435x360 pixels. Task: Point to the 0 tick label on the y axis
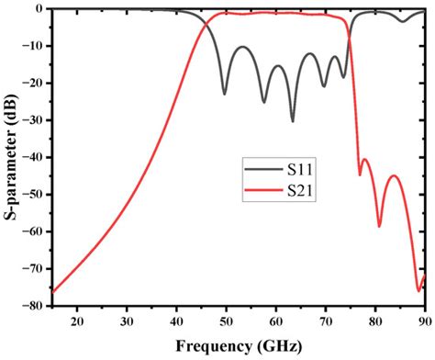[x=42, y=9]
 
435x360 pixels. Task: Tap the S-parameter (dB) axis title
[x=11, y=157]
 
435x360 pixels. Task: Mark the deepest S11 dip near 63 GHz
[x=293, y=120]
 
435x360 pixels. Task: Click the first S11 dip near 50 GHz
[x=225, y=94]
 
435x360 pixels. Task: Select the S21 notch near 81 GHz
[x=379, y=225]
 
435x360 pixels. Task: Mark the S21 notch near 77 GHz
[x=360, y=174]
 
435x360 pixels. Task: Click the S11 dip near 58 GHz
[x=264, y=102]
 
